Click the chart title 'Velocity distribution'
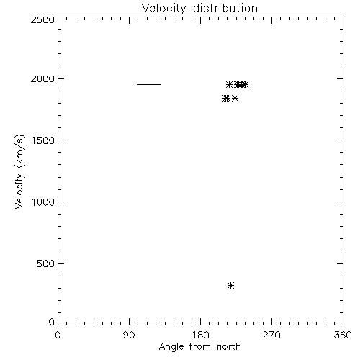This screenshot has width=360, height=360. [x=199, y=8]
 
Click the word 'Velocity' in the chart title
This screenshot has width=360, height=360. [x=163, y=9]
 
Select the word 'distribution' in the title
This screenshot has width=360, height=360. [x=225, y=8]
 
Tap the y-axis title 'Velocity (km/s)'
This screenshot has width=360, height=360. [x=19, y=171]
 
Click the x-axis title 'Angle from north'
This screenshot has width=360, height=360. [x=200, y=347]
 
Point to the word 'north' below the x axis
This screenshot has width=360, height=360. [x=229, y=346]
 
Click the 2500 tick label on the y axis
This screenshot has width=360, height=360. [x=42, y=19]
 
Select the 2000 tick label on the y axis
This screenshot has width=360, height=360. [x=42, y=78]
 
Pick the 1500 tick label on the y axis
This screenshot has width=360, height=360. [x=43, y=140]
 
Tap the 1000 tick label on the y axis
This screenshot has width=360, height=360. [x=43, y=202]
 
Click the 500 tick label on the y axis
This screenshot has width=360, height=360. [x=46, y=264]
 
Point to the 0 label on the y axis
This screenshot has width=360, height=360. [x=52, y=322]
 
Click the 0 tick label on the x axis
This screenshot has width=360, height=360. [x=58, y=335]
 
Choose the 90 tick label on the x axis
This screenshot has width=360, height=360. [x=129, y=335]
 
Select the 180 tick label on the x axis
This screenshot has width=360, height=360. [x=200, y=335]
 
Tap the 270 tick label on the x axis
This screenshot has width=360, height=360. [x=271, y=335]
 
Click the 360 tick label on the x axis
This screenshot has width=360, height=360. [x=343, y=335]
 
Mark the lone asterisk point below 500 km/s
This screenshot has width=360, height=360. [x=230, y=285]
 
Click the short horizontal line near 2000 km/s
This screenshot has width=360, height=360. [x=149, y=84]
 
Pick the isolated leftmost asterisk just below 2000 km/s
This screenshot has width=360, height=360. [x=230, y=84]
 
